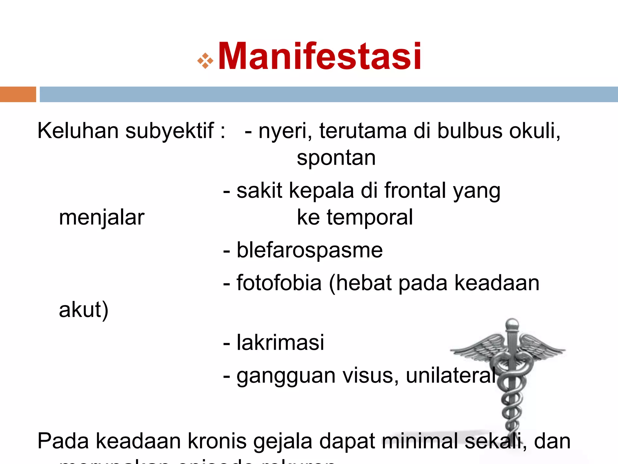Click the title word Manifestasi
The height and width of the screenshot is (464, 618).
(x=319, y=56)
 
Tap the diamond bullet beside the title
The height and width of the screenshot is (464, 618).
(x=205, y=61)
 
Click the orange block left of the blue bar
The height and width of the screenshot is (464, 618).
(x=18, y=94)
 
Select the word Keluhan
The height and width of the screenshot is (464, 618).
(x=78, y=131)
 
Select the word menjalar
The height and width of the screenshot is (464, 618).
(x=102, y=217)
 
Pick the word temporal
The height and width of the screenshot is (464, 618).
(x=370, y=217)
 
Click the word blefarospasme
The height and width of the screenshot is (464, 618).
(x=309, y=250)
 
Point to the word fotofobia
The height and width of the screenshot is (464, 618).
(x=279, y=283)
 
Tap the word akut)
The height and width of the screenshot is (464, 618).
(x=84, y=310)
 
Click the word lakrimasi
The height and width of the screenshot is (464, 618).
(x=280, y=343)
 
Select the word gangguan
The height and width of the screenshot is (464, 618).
(x=286, y=376)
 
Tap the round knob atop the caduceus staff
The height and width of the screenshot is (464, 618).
(x=512, y=324)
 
